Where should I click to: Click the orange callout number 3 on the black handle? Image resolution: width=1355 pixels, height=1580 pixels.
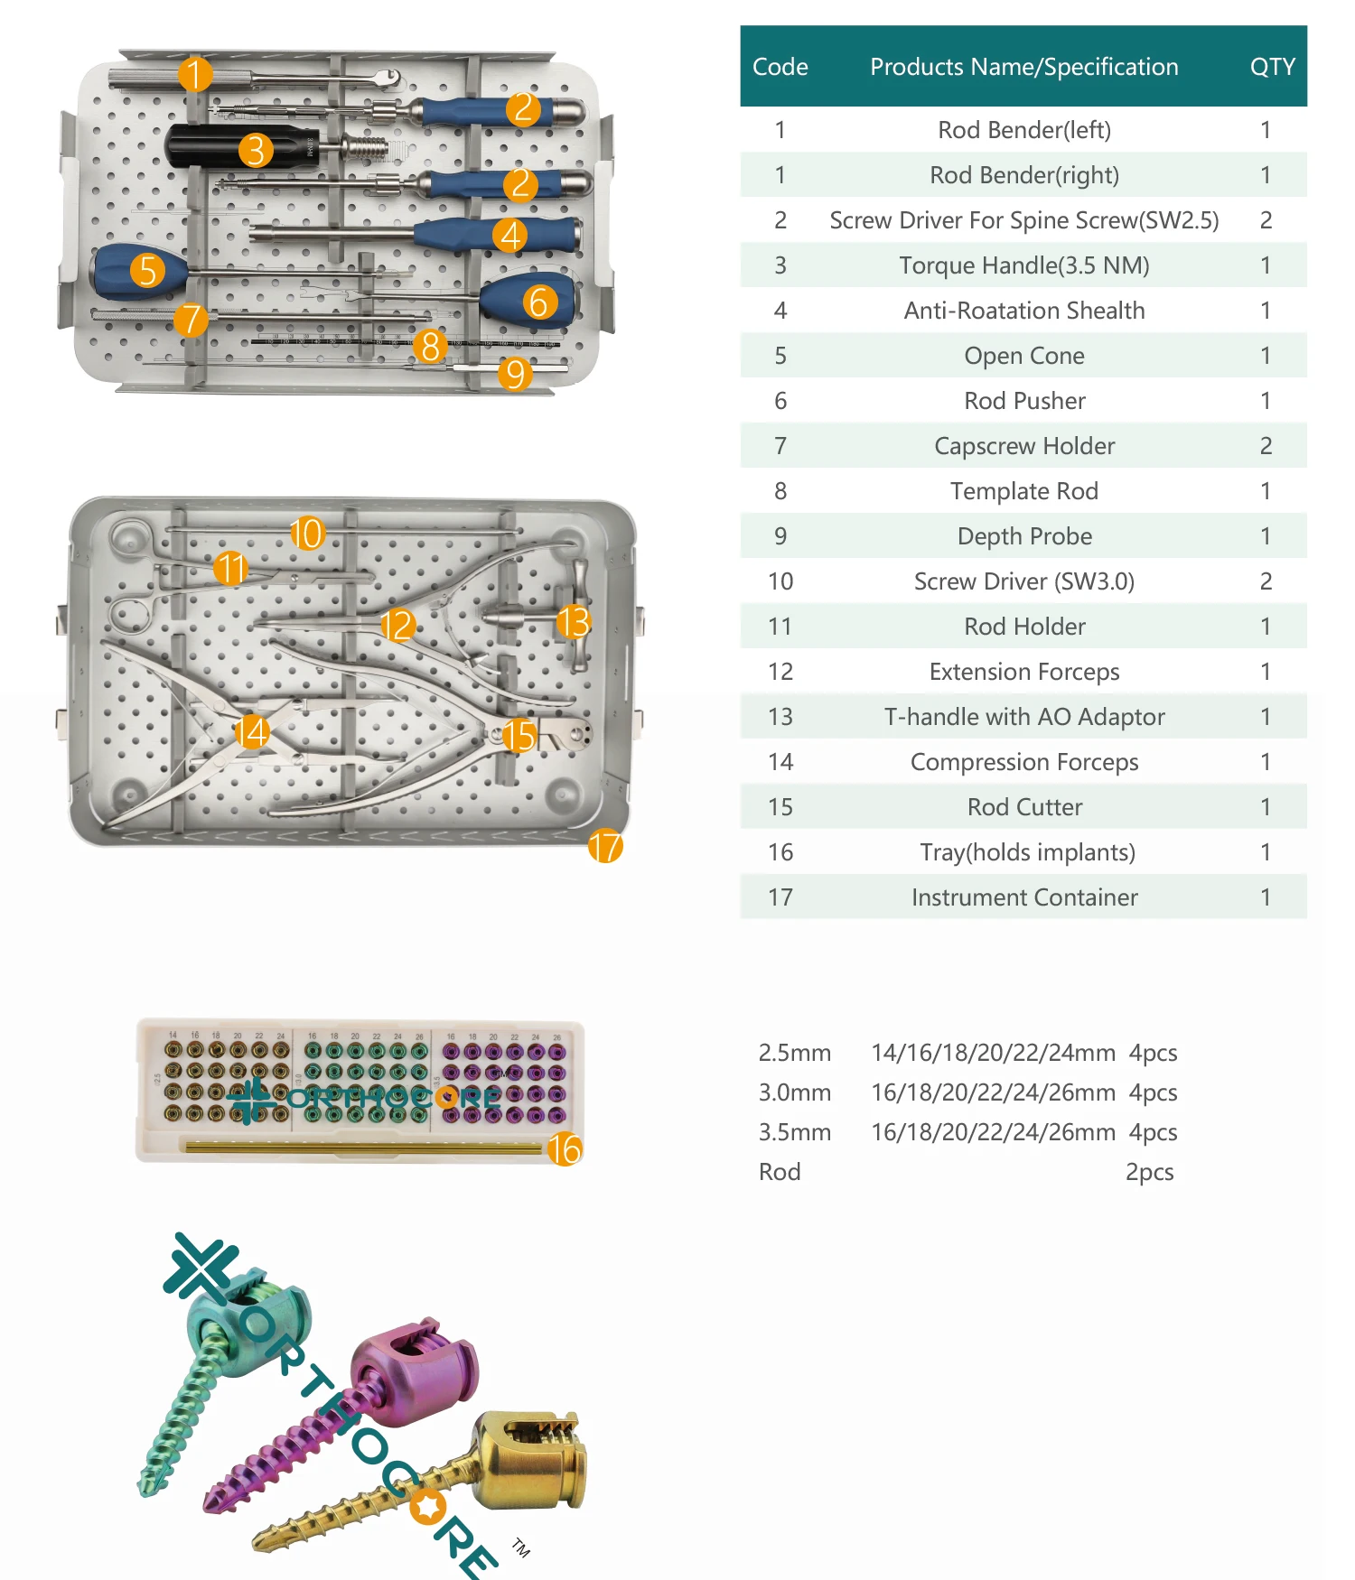[x=256, y=150]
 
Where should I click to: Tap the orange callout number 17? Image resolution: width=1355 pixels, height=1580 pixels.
[x=605, y=846]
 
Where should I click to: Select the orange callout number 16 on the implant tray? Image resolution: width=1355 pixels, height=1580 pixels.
[x=565, y=1148]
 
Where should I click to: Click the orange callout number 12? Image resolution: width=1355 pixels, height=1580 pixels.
[x=397, y=625]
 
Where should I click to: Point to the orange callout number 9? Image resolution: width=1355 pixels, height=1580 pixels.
[x=515, y=373]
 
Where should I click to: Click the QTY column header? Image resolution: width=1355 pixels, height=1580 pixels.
[x=1272, y=67]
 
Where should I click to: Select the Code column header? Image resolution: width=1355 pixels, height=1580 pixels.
[x=780, y=67]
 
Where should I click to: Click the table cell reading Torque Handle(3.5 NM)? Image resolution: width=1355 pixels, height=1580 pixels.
[x=1023, y=265]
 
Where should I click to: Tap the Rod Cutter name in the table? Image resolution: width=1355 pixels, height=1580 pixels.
[x=1023, y=807]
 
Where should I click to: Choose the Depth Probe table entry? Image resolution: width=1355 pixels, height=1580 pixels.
[x=1023, y=536]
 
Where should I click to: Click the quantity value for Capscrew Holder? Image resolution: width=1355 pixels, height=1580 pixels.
[x=1266, y=446]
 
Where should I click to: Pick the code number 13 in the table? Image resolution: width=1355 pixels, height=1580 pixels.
[x=780, y=717]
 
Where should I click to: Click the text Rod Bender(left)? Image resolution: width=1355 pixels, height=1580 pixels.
[x=1023, y=130]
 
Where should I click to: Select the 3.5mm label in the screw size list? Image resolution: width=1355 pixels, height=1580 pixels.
[x=794, y=1132]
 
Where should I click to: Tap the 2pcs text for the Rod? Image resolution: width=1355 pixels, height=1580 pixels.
[x=1149, y=1172]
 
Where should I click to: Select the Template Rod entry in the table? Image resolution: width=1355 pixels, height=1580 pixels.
[x=1023, y=491]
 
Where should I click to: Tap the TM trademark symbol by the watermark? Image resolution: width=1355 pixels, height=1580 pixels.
[x=521, y=1547]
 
